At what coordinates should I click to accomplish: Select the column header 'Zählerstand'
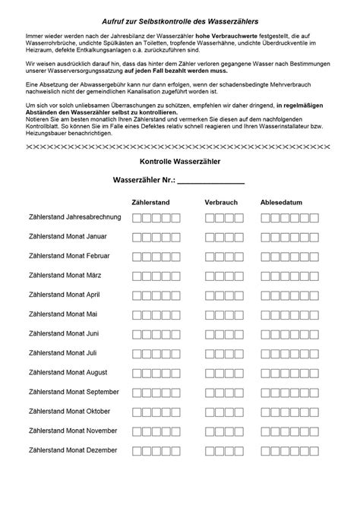pos(150,203)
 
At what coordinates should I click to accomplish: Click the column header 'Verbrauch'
pos(221,203)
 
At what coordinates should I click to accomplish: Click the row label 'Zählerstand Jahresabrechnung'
pos(74,217)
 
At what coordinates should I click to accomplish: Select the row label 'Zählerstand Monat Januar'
pos(68,236)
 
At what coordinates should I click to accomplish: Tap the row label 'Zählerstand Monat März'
pos(65,275)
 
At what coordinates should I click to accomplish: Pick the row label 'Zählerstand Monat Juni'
pos(64,333)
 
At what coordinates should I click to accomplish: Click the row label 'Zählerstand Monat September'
pos(73,392)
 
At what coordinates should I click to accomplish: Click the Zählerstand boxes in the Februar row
pos(156,256)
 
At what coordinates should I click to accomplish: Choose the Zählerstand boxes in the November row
pos(156,431)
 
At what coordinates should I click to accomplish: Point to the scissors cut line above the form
pos(180,145)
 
